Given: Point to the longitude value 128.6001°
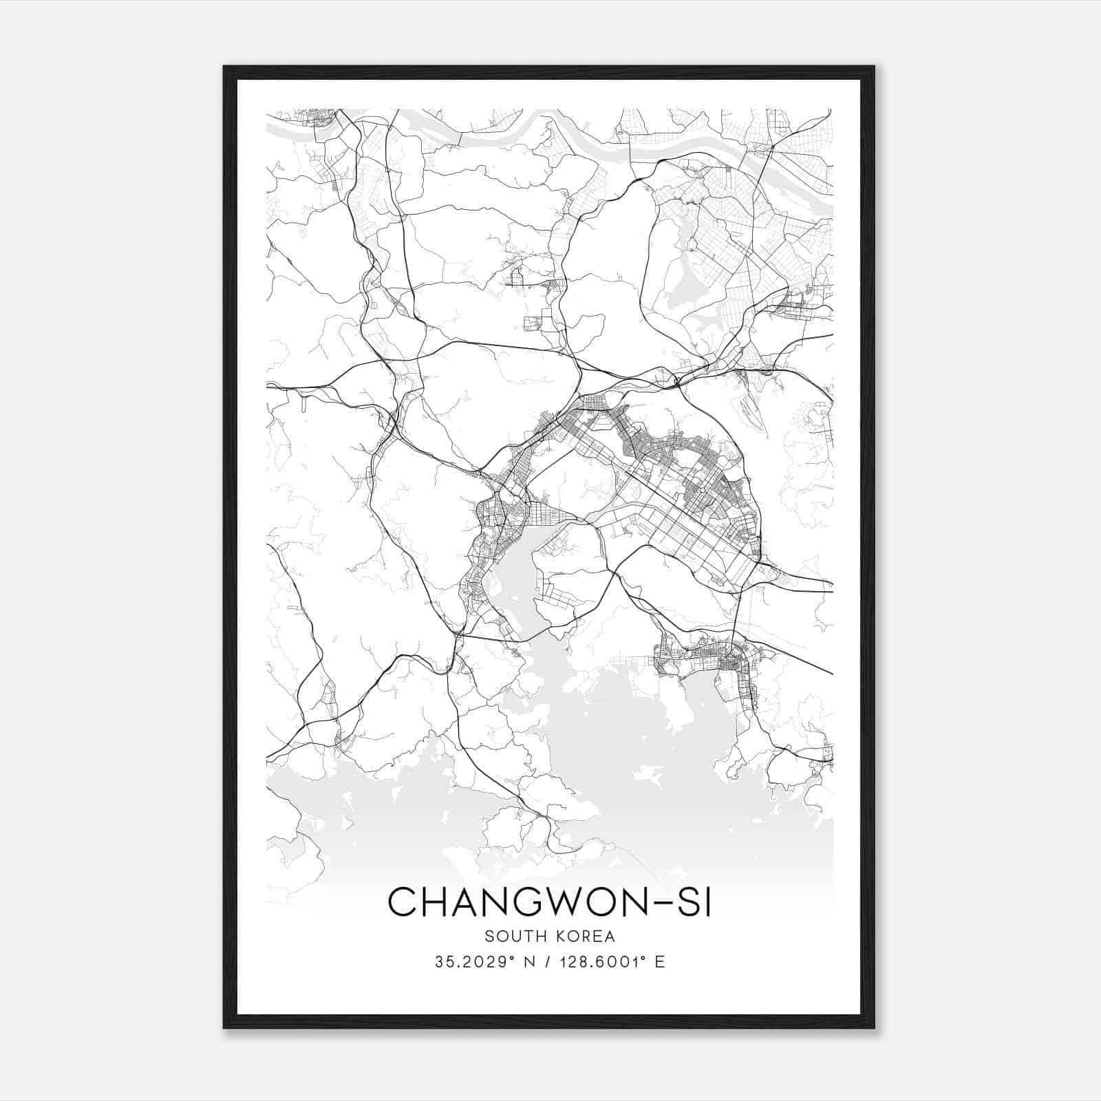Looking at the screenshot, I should [x=596, y=962].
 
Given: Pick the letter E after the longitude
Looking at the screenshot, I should [x=660, y=962].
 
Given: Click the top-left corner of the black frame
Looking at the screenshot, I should [x=225, y=67].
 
